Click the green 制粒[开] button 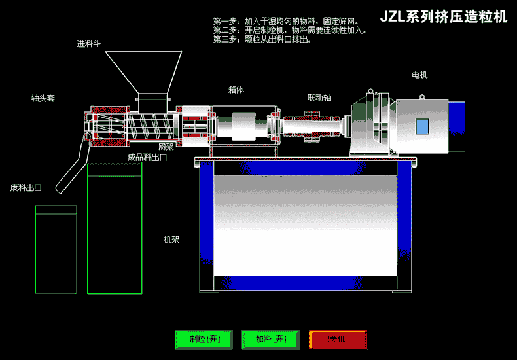[x=204, y=340]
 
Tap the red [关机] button [x=338, y=340]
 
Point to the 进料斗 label [x=88, y=45]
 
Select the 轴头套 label [x=43, y=98]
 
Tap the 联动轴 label [x=319, y=98]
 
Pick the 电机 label [x=419, y=75]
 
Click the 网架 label [x=166, y=147]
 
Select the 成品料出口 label [x=147, y=157]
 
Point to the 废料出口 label [x=26, y=188]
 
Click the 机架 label [x=171, y=240]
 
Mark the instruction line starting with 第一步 [x=285, y=22]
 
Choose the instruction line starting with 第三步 [x=262, y=39]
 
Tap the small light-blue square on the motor [x=422, y=126]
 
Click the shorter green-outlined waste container [x=56, y=249]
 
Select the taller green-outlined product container [x=115, y=228]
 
